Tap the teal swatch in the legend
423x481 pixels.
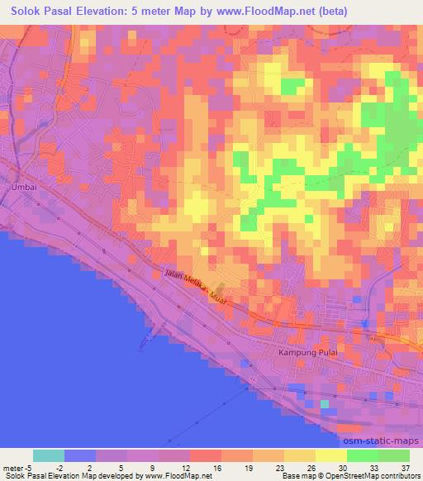point(49,455)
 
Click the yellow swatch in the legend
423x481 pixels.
point(330,455)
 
